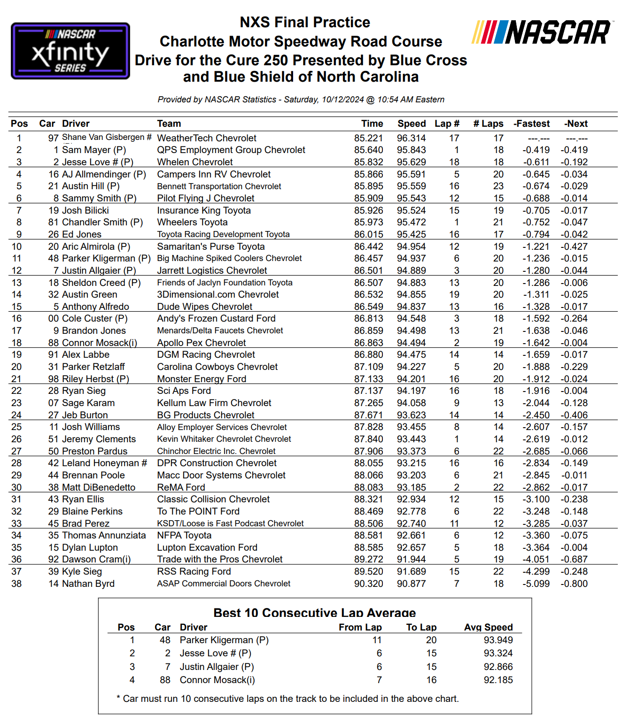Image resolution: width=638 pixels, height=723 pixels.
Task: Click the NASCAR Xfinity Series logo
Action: pyautogui.click(x=70, y=51)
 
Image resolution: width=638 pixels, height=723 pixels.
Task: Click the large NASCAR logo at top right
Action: pyautogui.click(x=541, y=32)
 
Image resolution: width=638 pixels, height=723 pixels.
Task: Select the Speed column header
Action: pyautogui.click(x=411, y=123)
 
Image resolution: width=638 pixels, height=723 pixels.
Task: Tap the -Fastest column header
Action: pyautogui.click(x=531, y=123)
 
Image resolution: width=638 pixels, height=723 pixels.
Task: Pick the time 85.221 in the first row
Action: pyautogui.click(x=368, y=138)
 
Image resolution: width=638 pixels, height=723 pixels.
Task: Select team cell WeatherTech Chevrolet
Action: pyautogui.click(x=206, y=138)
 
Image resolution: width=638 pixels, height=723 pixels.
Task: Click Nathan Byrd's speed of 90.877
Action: pyautogui.click(x=411, y=584)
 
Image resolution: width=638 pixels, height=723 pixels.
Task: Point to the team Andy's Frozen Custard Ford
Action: pyautogui.click(x=216, y=318)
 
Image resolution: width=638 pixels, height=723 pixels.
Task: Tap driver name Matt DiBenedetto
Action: pyautogui.click(x=99, y=487)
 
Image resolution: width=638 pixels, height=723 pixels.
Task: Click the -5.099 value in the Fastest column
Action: pyautogui.click(x=536, y=584)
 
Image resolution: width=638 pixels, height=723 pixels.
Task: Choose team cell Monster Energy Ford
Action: pyautogui.click(x=202, y=379)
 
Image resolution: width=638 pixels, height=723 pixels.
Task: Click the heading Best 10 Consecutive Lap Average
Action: pyautogui.click(x=314, y=613)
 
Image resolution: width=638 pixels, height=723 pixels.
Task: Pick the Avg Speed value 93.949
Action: pyautogui.click(x=498, y=640)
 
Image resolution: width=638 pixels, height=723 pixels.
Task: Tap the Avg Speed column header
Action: pyautogui.click(x=488, y=627)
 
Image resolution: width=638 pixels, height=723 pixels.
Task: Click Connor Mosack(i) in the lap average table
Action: pyautogui.click(x=217, y=680)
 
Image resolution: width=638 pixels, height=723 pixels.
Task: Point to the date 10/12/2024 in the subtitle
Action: pyautogui.click(x=342, y=100)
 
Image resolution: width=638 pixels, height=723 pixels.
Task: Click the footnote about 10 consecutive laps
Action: pyautogui.click(x=288, y=699)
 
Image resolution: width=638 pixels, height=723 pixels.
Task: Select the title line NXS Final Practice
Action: pyautogui.click(x=304, y=22)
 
